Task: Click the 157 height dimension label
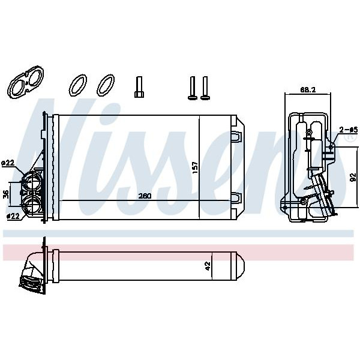pos(194,167)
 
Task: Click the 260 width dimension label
pos(145,196)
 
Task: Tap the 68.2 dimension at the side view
pos(308,90)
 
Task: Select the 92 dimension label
pos(353,177)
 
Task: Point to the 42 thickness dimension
pos(208,266)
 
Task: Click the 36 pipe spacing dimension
pos(6,194)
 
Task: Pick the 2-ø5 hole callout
pos(349,130)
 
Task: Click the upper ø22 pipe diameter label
pos(8,163)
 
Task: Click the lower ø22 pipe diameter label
pos(13,216)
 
